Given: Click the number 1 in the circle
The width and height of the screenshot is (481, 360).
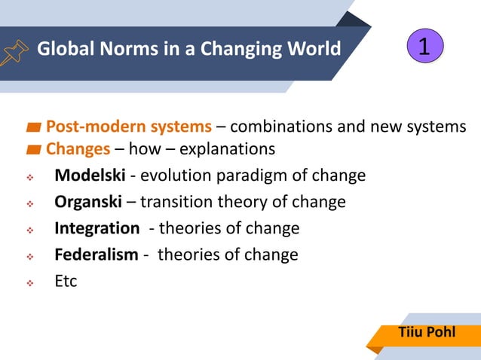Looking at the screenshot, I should point(424,47).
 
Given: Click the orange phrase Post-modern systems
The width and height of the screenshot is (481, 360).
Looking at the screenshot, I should point(129,127).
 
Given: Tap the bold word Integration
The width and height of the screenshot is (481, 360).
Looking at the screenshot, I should point(97,228).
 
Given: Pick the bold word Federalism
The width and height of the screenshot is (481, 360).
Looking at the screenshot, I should point(96,255).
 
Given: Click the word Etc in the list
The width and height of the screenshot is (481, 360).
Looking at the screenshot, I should point(66,281).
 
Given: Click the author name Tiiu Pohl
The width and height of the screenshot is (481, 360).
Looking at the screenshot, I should point(427,331).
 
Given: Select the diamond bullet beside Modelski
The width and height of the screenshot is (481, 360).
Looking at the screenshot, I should point(30,178).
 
